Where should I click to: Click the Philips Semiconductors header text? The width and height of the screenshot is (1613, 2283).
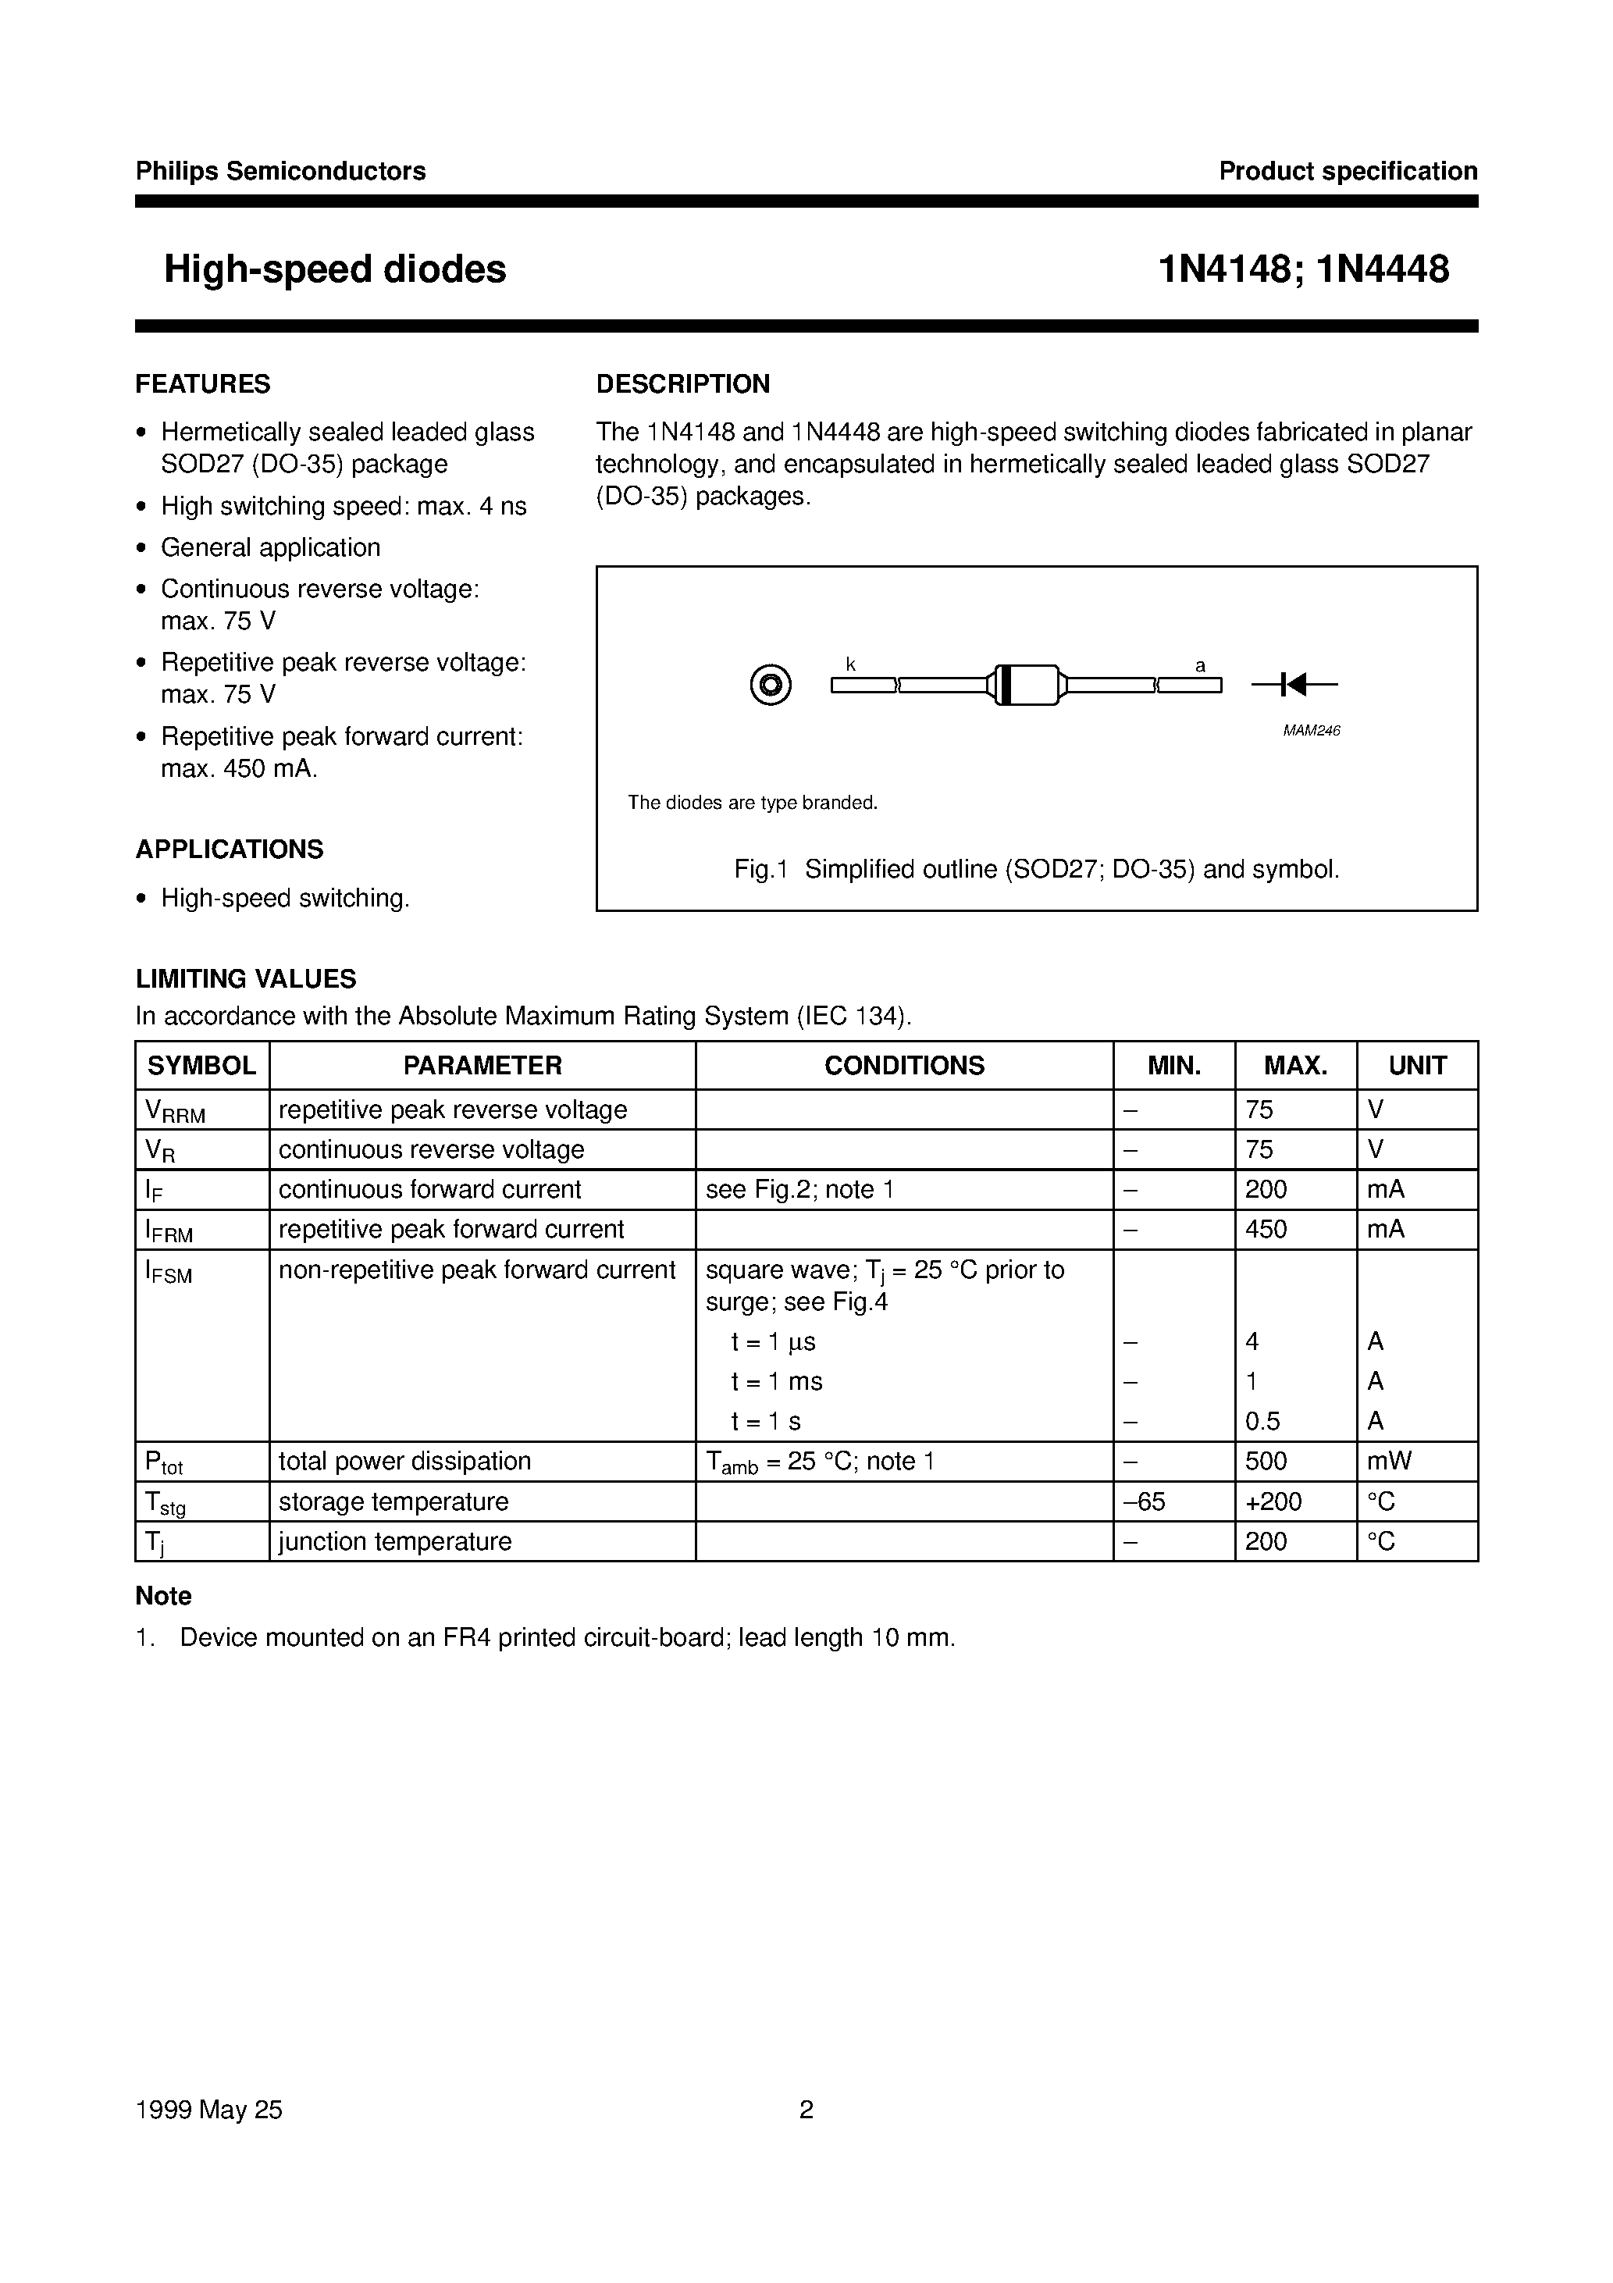(x=280, y=171)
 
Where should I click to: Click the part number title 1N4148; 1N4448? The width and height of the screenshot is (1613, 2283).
(x=1303, y=269)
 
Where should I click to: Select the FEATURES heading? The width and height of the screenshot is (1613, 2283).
(x=203, y=384)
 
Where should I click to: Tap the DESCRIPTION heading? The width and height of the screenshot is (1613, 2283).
(x=682, y=384)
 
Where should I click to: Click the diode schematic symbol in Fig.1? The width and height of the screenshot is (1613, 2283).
(x=1294, y=684)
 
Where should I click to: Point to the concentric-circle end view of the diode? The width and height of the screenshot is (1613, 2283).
(x=771, y=685)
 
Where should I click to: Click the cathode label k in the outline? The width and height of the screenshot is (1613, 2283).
(x=851, y=664)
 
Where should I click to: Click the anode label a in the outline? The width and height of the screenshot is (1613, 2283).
(x=1200, y=665)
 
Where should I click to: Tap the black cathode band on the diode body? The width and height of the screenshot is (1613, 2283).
(x=1004, y=684)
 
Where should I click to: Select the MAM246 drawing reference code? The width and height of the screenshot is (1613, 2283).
(x=1311, y=731)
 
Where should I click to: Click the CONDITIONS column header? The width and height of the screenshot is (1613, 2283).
(x=904, y=1065)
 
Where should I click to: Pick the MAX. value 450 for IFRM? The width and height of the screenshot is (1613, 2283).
(x=1266, y=1229)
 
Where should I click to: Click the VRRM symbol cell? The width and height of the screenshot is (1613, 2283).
(x=175, y=1111)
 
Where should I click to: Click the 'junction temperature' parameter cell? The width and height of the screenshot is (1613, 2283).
(x=395, y=1541)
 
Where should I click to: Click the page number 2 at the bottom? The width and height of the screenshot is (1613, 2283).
(x=806, y=2109)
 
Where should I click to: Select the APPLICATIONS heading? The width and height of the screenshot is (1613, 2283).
(x=230, y=849)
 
